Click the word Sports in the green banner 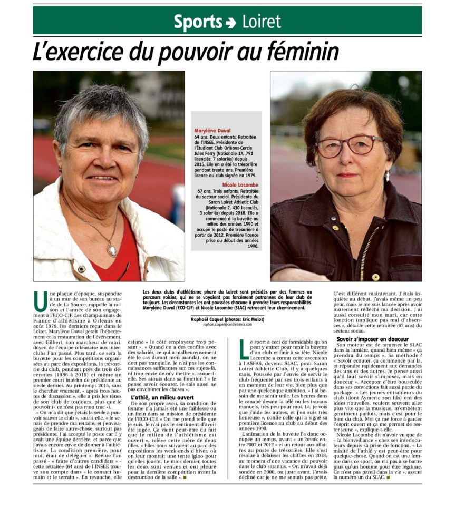tap(198, 22)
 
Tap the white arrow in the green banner tap(231, 23)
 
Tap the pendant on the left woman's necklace tap(111, 250)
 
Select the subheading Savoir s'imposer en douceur tap(373, 339)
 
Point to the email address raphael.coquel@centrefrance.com tap(227, 325)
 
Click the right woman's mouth tap(348, 175)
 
